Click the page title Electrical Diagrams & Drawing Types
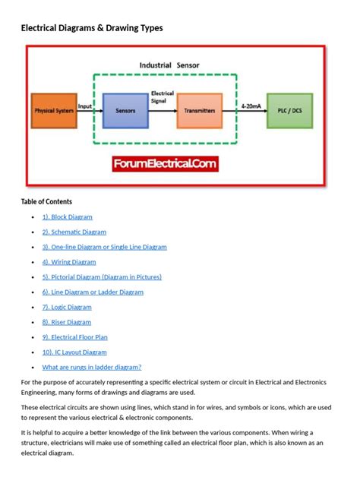(91, 28)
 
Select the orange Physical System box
(53, 111)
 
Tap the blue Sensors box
(125, 111)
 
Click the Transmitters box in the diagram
(199, 111)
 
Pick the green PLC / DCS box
(289, 111)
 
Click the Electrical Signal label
(162, 96)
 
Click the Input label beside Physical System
(85, 106)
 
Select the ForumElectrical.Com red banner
(166, 163)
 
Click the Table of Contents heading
(46, 202)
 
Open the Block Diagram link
(67, 217)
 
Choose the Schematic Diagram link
(74, 232)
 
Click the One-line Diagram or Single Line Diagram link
(104, 247)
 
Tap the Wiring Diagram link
(68, 262)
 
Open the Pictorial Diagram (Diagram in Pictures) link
(102, 277)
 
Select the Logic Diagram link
(67, 308)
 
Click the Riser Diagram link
(67, 322)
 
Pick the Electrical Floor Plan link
(74, 337)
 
